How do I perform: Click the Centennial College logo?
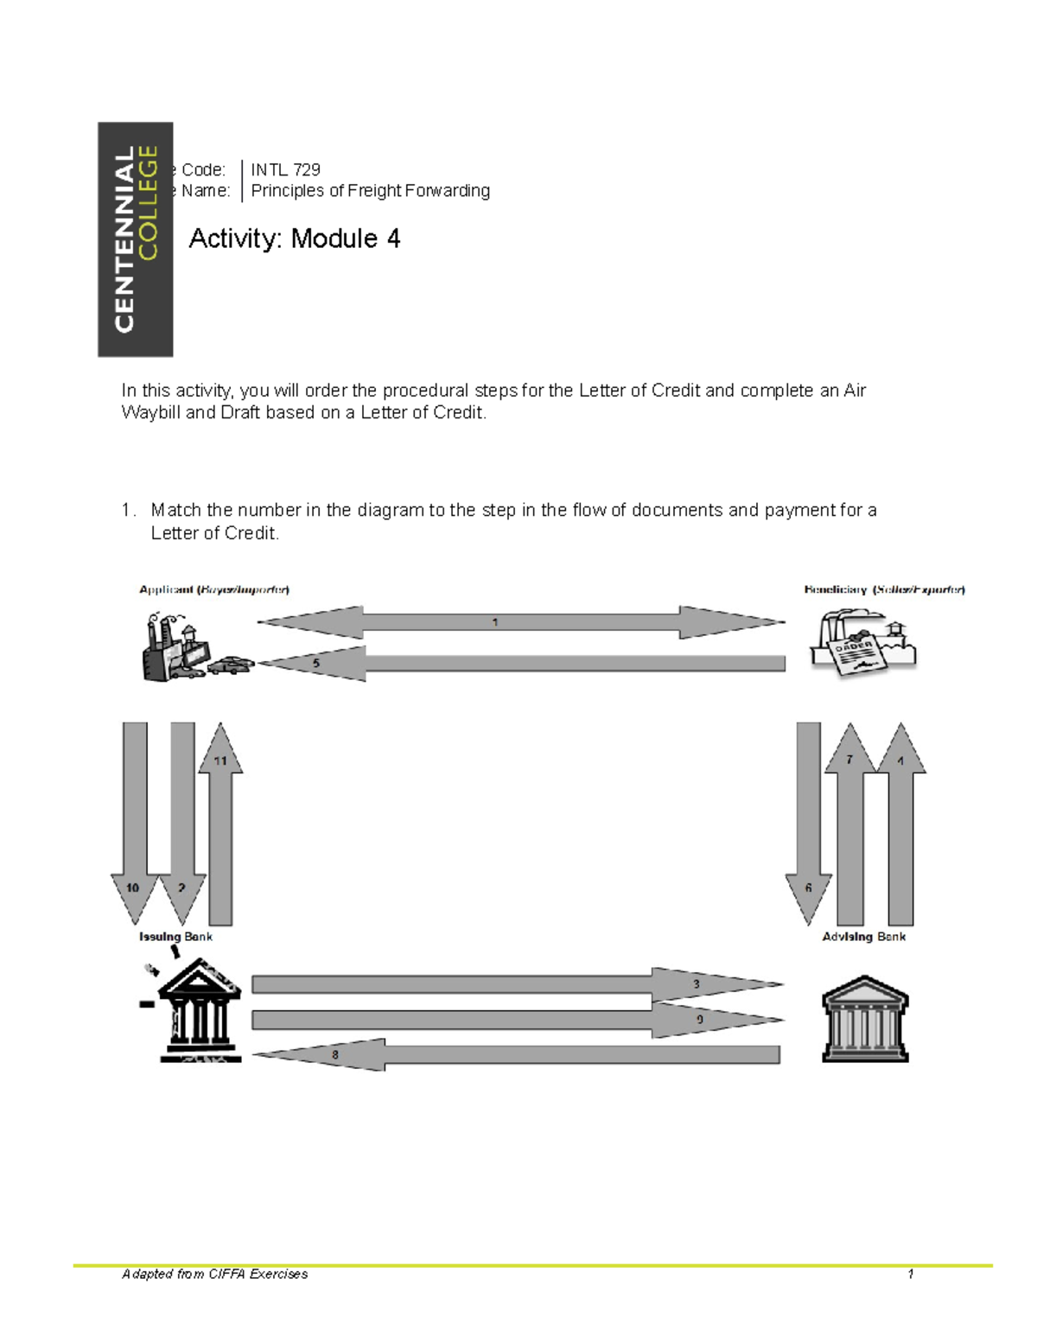pos(135,239)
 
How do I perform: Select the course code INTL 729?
pos(285,169)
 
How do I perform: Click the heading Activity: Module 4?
pos(294,239)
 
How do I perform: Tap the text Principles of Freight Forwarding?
pos(370,191)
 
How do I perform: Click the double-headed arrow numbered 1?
pos(520,622)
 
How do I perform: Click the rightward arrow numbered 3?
pos(518,984)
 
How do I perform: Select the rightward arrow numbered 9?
pos(518,1021)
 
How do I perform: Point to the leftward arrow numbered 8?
pos(518,1054)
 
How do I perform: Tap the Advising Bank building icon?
pos(865,1020)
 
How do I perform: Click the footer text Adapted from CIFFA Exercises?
pos(215,1274)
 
